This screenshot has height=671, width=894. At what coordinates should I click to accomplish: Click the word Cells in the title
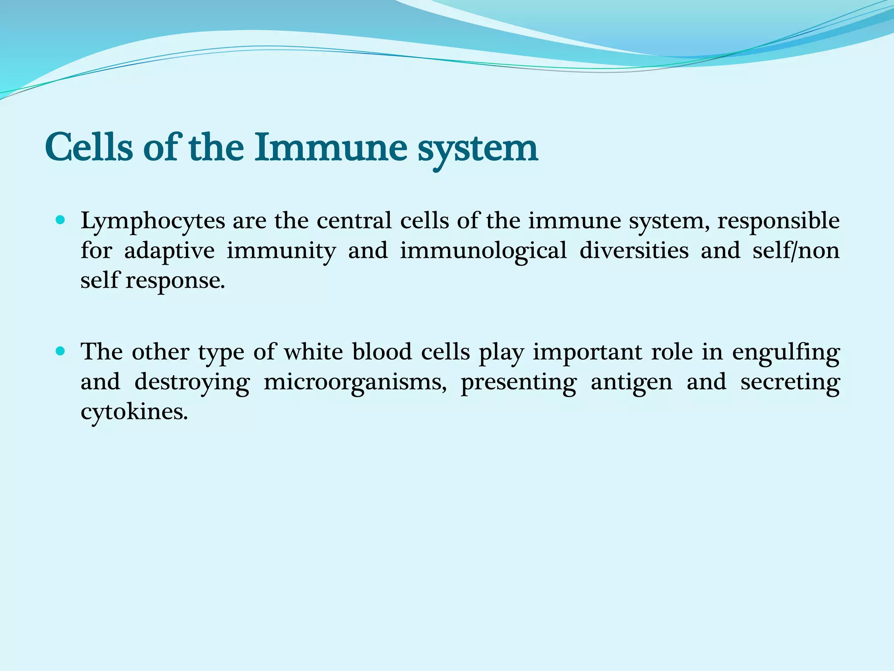tap(89, 148)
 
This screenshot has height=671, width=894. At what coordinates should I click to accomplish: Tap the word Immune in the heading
tap(330, 148)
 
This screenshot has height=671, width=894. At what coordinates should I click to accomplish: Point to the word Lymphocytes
tap(153, 221)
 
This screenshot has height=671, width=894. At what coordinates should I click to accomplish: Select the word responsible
tap(778, 221)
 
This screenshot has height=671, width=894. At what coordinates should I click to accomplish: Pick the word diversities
tap(634, 251)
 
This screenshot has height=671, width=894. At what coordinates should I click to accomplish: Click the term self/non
tap(796, 251)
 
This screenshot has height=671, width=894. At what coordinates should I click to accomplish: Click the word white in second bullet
tap(313, 352)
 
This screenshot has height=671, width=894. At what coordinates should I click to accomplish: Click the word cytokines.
tap(134, 412)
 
